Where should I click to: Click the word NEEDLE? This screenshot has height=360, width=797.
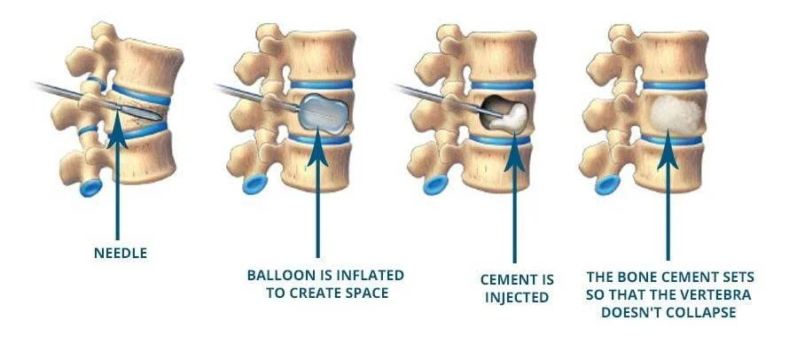(x=121, y=254)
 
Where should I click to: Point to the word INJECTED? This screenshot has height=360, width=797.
(x=517, y=297)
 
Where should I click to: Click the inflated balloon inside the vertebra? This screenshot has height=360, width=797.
(x=324, y=113)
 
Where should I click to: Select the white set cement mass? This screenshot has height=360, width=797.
(x=676, y=113)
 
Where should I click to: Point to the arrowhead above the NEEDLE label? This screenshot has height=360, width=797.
(x=117, y=133)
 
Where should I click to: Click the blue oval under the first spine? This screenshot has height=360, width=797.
(x=91, y=188)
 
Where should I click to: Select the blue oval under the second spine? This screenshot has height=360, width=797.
(x=254, y=184)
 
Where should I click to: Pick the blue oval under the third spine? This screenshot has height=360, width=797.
(x=435, y=185)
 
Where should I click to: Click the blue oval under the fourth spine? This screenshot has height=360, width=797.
(x=607, y=185)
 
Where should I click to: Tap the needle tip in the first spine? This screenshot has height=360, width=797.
(x=160, y=119)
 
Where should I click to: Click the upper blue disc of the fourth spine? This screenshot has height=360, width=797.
(x=674, y=85)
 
